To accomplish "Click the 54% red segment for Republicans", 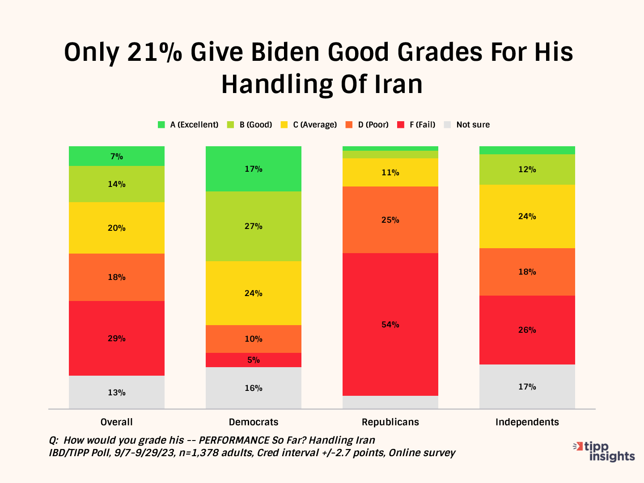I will (390, 324).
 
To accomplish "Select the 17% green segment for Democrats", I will (253, 169).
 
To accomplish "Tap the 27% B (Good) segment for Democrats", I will (253, 226).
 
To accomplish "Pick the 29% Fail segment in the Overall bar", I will (116, 338).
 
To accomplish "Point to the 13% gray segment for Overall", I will (116, 392).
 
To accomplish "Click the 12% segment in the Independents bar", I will (527, 169).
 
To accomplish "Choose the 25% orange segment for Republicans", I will (390, 220).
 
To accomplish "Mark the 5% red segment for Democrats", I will (253, 360).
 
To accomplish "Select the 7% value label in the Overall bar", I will (117, 156).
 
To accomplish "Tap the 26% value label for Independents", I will (527, 330).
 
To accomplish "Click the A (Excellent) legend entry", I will (188, 125).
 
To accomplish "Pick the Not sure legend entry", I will (467, 125).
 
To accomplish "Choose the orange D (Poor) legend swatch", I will (349, 125).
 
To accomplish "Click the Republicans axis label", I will (390, 422).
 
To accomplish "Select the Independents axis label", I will (527, 422).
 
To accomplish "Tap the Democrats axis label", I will (253, 422).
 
